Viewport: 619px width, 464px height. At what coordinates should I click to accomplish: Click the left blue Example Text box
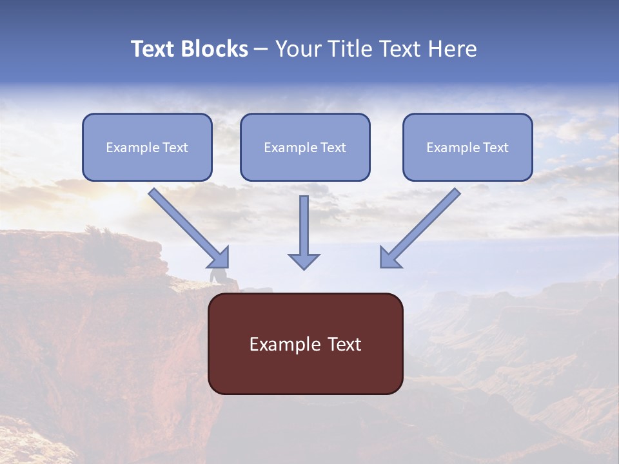pos(147,147)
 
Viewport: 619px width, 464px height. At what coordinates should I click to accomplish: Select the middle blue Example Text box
pos(305,147)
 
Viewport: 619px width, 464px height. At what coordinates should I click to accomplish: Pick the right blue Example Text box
pos(467,147)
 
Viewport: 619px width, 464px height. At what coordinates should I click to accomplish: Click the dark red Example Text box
pos(305,343)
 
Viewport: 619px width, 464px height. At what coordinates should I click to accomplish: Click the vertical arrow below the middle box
pos(304,226)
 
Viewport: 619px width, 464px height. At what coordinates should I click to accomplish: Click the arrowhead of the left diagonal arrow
pos(219,258)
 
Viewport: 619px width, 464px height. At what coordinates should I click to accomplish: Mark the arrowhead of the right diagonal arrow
pos(389,258)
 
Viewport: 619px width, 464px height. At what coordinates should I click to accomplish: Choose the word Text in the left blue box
pos(175,148)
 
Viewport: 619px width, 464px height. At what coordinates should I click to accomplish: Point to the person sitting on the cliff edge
pos(218,276)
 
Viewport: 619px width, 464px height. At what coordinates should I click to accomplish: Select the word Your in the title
pos(297,49)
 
